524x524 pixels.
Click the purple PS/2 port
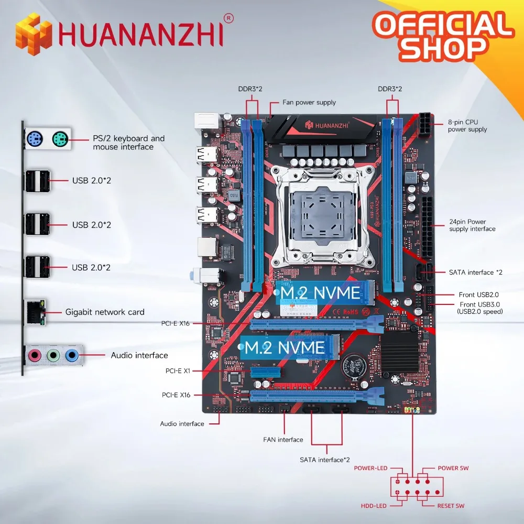pyautogui.click(x=35, y=139)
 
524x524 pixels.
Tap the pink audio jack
pyautogui.click(x=34, y=355)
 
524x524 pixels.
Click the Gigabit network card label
pyautogui.click(x=105, y=312)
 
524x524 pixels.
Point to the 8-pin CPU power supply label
pyautogui.click(x=467, y=126)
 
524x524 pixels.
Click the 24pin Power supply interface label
pyautogui.click(x=472, y=225)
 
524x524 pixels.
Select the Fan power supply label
pyautogui.click(x=309, y=103)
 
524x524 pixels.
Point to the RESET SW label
pyautogui.click(x=450, y=506)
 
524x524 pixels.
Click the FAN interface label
pyautogui.click(x=283, y=440)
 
